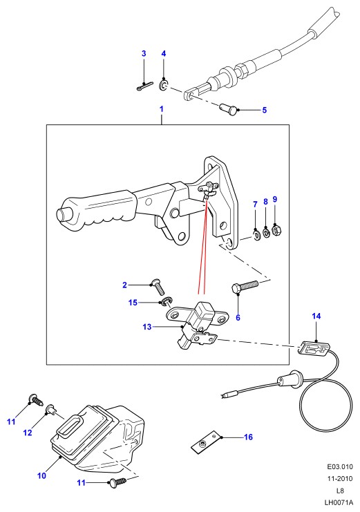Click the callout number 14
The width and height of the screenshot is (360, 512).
(316, 316)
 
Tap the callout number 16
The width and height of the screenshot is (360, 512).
(248, 437)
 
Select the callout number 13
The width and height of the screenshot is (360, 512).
(147, 327)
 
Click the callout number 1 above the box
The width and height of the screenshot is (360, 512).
(162, 109)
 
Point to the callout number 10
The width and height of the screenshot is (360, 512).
(42, 475)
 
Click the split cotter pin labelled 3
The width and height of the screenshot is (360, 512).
(144, 86)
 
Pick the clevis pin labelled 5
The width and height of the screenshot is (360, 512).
(228, 109)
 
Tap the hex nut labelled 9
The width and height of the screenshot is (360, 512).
(276, 230)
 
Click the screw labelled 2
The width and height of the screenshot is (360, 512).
(158, 286)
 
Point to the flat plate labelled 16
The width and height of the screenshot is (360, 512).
(204, 442)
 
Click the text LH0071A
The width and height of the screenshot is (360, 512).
(339, 502)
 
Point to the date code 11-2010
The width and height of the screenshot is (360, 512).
(340, 479)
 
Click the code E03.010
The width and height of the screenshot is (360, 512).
(340, 467)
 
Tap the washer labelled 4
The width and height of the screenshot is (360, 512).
(163, 86)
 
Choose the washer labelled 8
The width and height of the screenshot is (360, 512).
(266, 232)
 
